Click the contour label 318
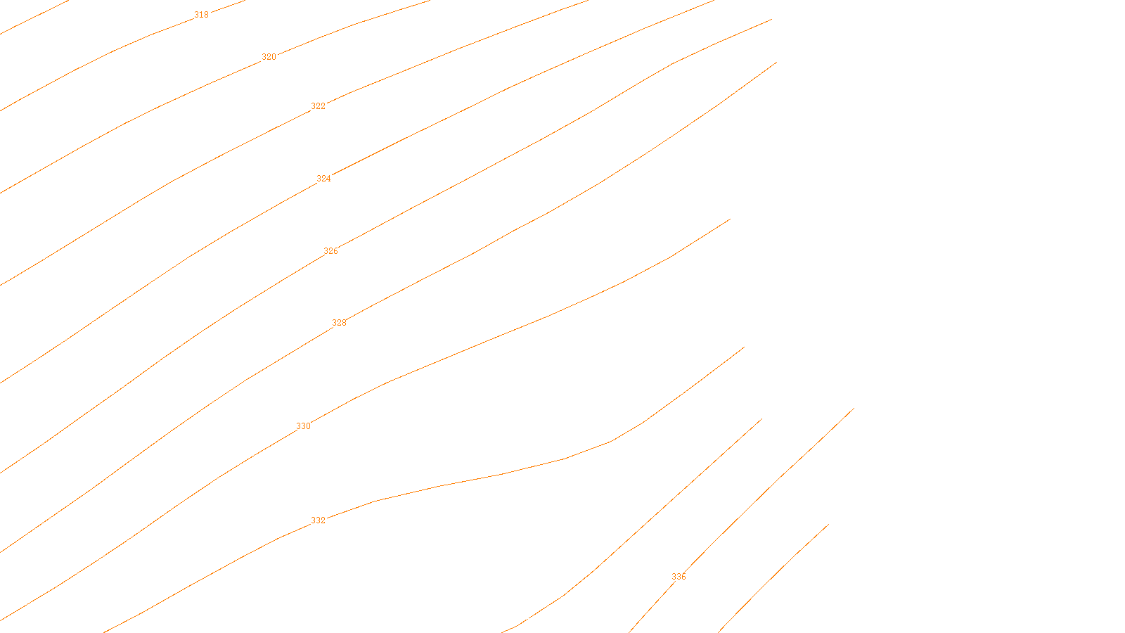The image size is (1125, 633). (x=201, y=15)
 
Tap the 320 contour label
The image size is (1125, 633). (x=269, y=57)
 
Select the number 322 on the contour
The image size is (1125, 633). (x=318, y=106)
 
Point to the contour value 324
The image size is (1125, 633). (x=323, y=179)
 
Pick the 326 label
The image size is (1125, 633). (x=330, y=251)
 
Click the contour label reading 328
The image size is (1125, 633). (x=339, y=323)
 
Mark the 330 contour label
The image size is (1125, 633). (x=303, y=426)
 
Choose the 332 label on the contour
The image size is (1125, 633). (x=318, y=520)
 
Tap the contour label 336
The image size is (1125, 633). (x=679, y=577)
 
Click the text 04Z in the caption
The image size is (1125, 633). (x=533, y=622)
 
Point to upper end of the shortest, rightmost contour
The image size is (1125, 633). (x=828, y=524)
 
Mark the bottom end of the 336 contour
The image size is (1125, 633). (x=629, y=632)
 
